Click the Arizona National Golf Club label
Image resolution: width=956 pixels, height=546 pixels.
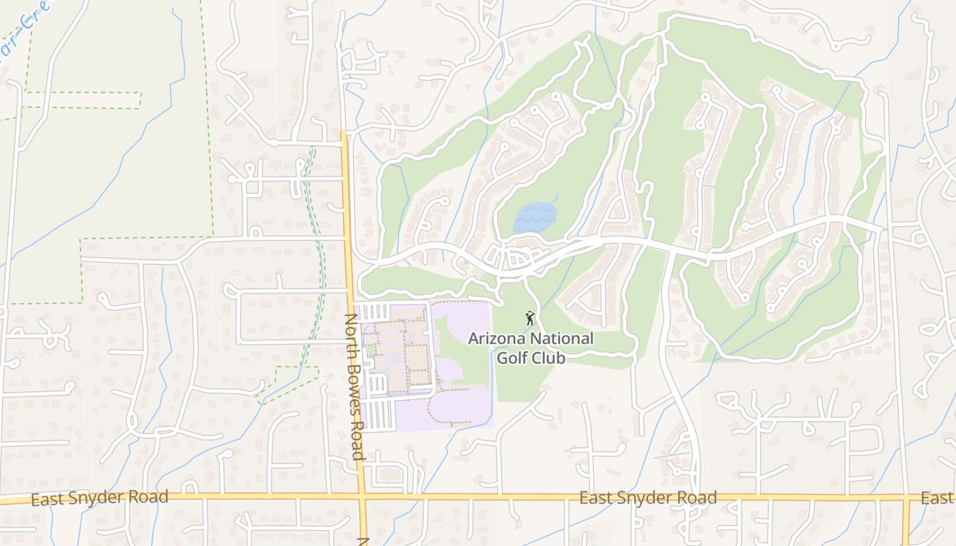[531, 347]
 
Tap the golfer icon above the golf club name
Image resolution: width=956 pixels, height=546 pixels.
[530, 318]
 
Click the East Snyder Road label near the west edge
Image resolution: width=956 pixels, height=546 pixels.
[100, 498]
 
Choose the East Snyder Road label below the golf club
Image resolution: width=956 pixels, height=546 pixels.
[648, 498]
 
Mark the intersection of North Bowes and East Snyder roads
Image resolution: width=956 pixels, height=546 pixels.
[362, 496]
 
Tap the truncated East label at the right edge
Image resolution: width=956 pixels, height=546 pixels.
[937, 498]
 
